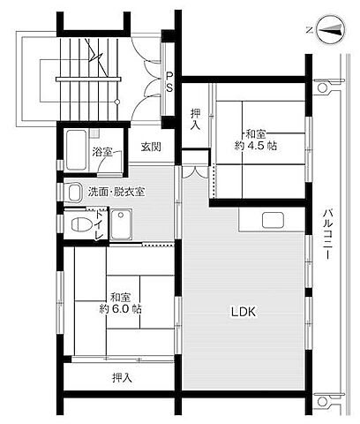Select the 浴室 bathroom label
pos(102,152)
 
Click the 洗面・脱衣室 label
pos(116,192)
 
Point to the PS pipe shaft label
pos(169,80)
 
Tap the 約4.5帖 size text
pos(257,146)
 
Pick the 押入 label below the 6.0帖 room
pos(122,378)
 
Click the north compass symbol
pos(328,30)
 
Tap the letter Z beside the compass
pos(309,30)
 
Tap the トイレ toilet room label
pos(99,223)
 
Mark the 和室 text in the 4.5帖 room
pos(257,133)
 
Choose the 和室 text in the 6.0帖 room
pos(123,297)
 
